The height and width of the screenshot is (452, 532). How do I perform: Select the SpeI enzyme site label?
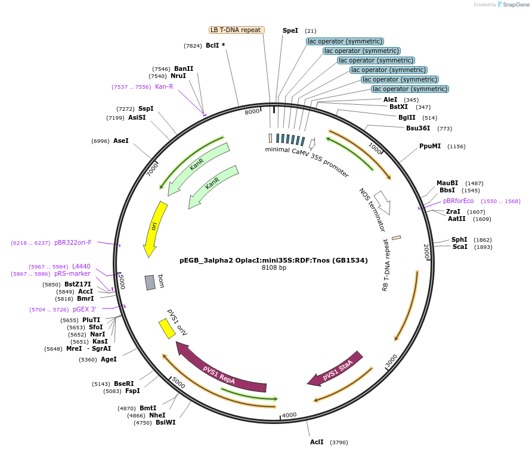(290, 30)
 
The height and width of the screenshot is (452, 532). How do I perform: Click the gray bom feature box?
(150, 282)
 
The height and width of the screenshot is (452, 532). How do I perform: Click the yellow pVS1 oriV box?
(167, 329)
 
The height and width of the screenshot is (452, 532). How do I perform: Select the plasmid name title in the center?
(274, 260)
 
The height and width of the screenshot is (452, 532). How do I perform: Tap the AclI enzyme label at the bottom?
(317, 442)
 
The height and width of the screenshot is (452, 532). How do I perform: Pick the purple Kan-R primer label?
(164, 87)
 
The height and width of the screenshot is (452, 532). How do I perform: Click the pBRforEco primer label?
(458, 201)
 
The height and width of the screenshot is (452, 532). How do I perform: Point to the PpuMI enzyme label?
(430, 146)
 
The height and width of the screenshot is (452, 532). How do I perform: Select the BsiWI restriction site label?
(165, 422)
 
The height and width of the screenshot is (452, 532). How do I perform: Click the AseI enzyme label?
(121, 141)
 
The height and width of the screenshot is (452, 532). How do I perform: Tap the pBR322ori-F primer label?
(73, 242)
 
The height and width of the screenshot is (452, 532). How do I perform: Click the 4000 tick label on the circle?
(289, 415)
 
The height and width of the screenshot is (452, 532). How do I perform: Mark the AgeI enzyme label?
(109, 359)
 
